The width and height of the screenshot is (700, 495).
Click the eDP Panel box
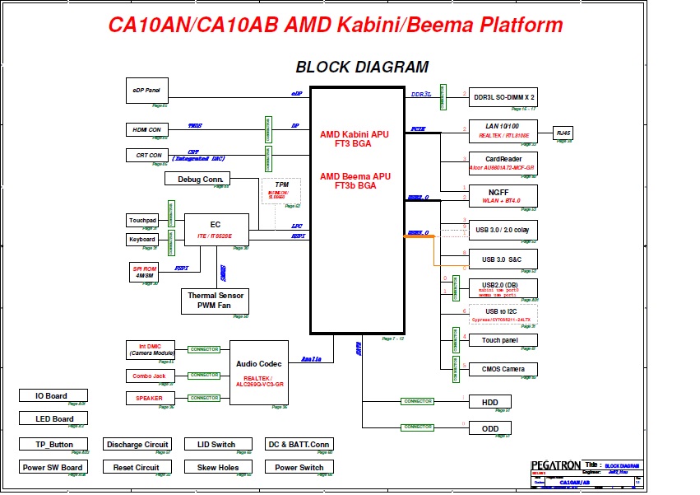click(146, 91)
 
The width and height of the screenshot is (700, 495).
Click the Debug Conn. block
click(197, 179)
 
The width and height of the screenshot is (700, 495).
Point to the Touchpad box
click(142, 220)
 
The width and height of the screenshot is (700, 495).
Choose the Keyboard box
click(141, 240)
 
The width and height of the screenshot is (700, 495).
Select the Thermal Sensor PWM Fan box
click(214, 301)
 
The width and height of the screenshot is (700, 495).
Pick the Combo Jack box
click(149, 376)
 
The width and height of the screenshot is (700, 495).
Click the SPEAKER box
click(149, 398)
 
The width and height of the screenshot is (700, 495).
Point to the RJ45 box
click(563, 133)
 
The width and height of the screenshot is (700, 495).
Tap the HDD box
click(490, 402)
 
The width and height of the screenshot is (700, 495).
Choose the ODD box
click(490, 427)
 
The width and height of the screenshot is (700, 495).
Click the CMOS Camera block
click(503, 369)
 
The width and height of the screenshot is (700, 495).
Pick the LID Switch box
click(216, 444)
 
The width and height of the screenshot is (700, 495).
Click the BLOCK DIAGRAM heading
click(362, 68)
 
